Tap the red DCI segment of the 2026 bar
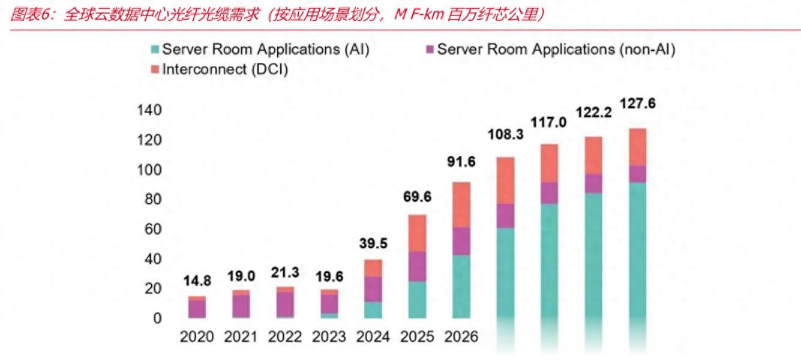(x=461, y=205)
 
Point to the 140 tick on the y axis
(x=149, y=110)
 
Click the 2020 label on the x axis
(x=197, y=337)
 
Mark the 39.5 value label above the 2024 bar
(x=373, y=244)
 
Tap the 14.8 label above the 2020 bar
(x=197, y=281)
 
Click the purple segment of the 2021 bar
(x=241, y=305)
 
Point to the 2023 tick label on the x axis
(x=329, y=337)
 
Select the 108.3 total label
(x=505, y=134)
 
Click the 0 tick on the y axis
(x=157, y=319)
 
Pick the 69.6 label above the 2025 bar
(x=417, y=197)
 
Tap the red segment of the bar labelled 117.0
(x=549, y=163)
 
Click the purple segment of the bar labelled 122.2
(x=593, y=184)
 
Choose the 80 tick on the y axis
(x=153, y=200)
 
